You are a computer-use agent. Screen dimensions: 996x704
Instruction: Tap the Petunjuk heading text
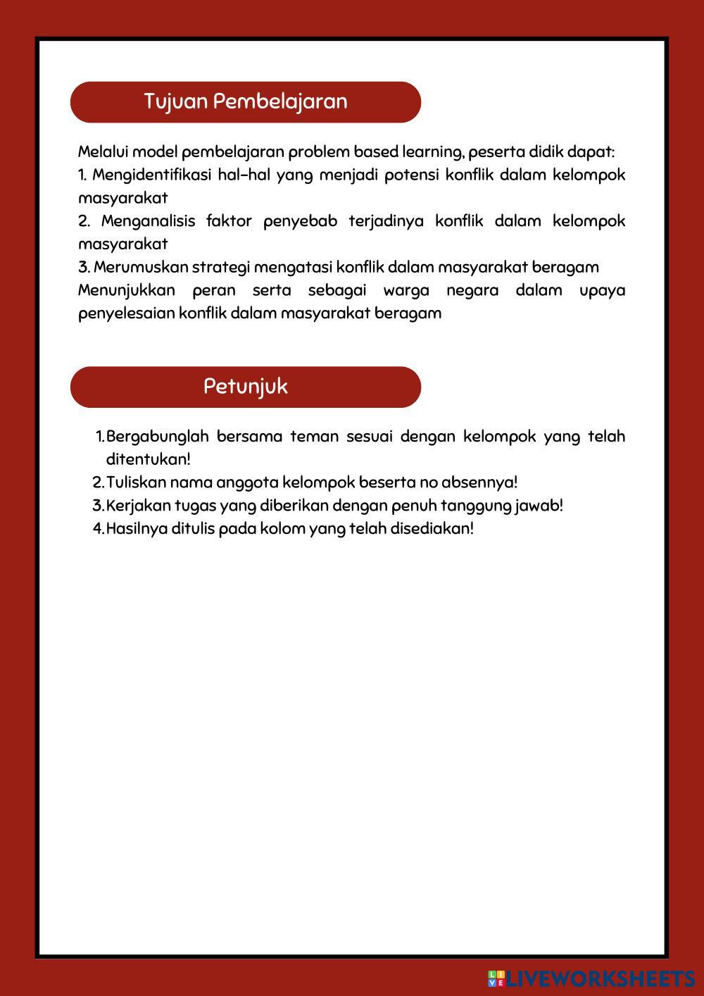[246, 387]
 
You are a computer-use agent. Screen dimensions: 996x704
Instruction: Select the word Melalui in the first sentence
[103, 151]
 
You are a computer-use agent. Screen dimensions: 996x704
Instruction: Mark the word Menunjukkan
[127, 290]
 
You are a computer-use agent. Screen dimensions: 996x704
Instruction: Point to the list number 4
[97, 529]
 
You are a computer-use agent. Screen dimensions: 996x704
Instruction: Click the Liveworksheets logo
[591, 978]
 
